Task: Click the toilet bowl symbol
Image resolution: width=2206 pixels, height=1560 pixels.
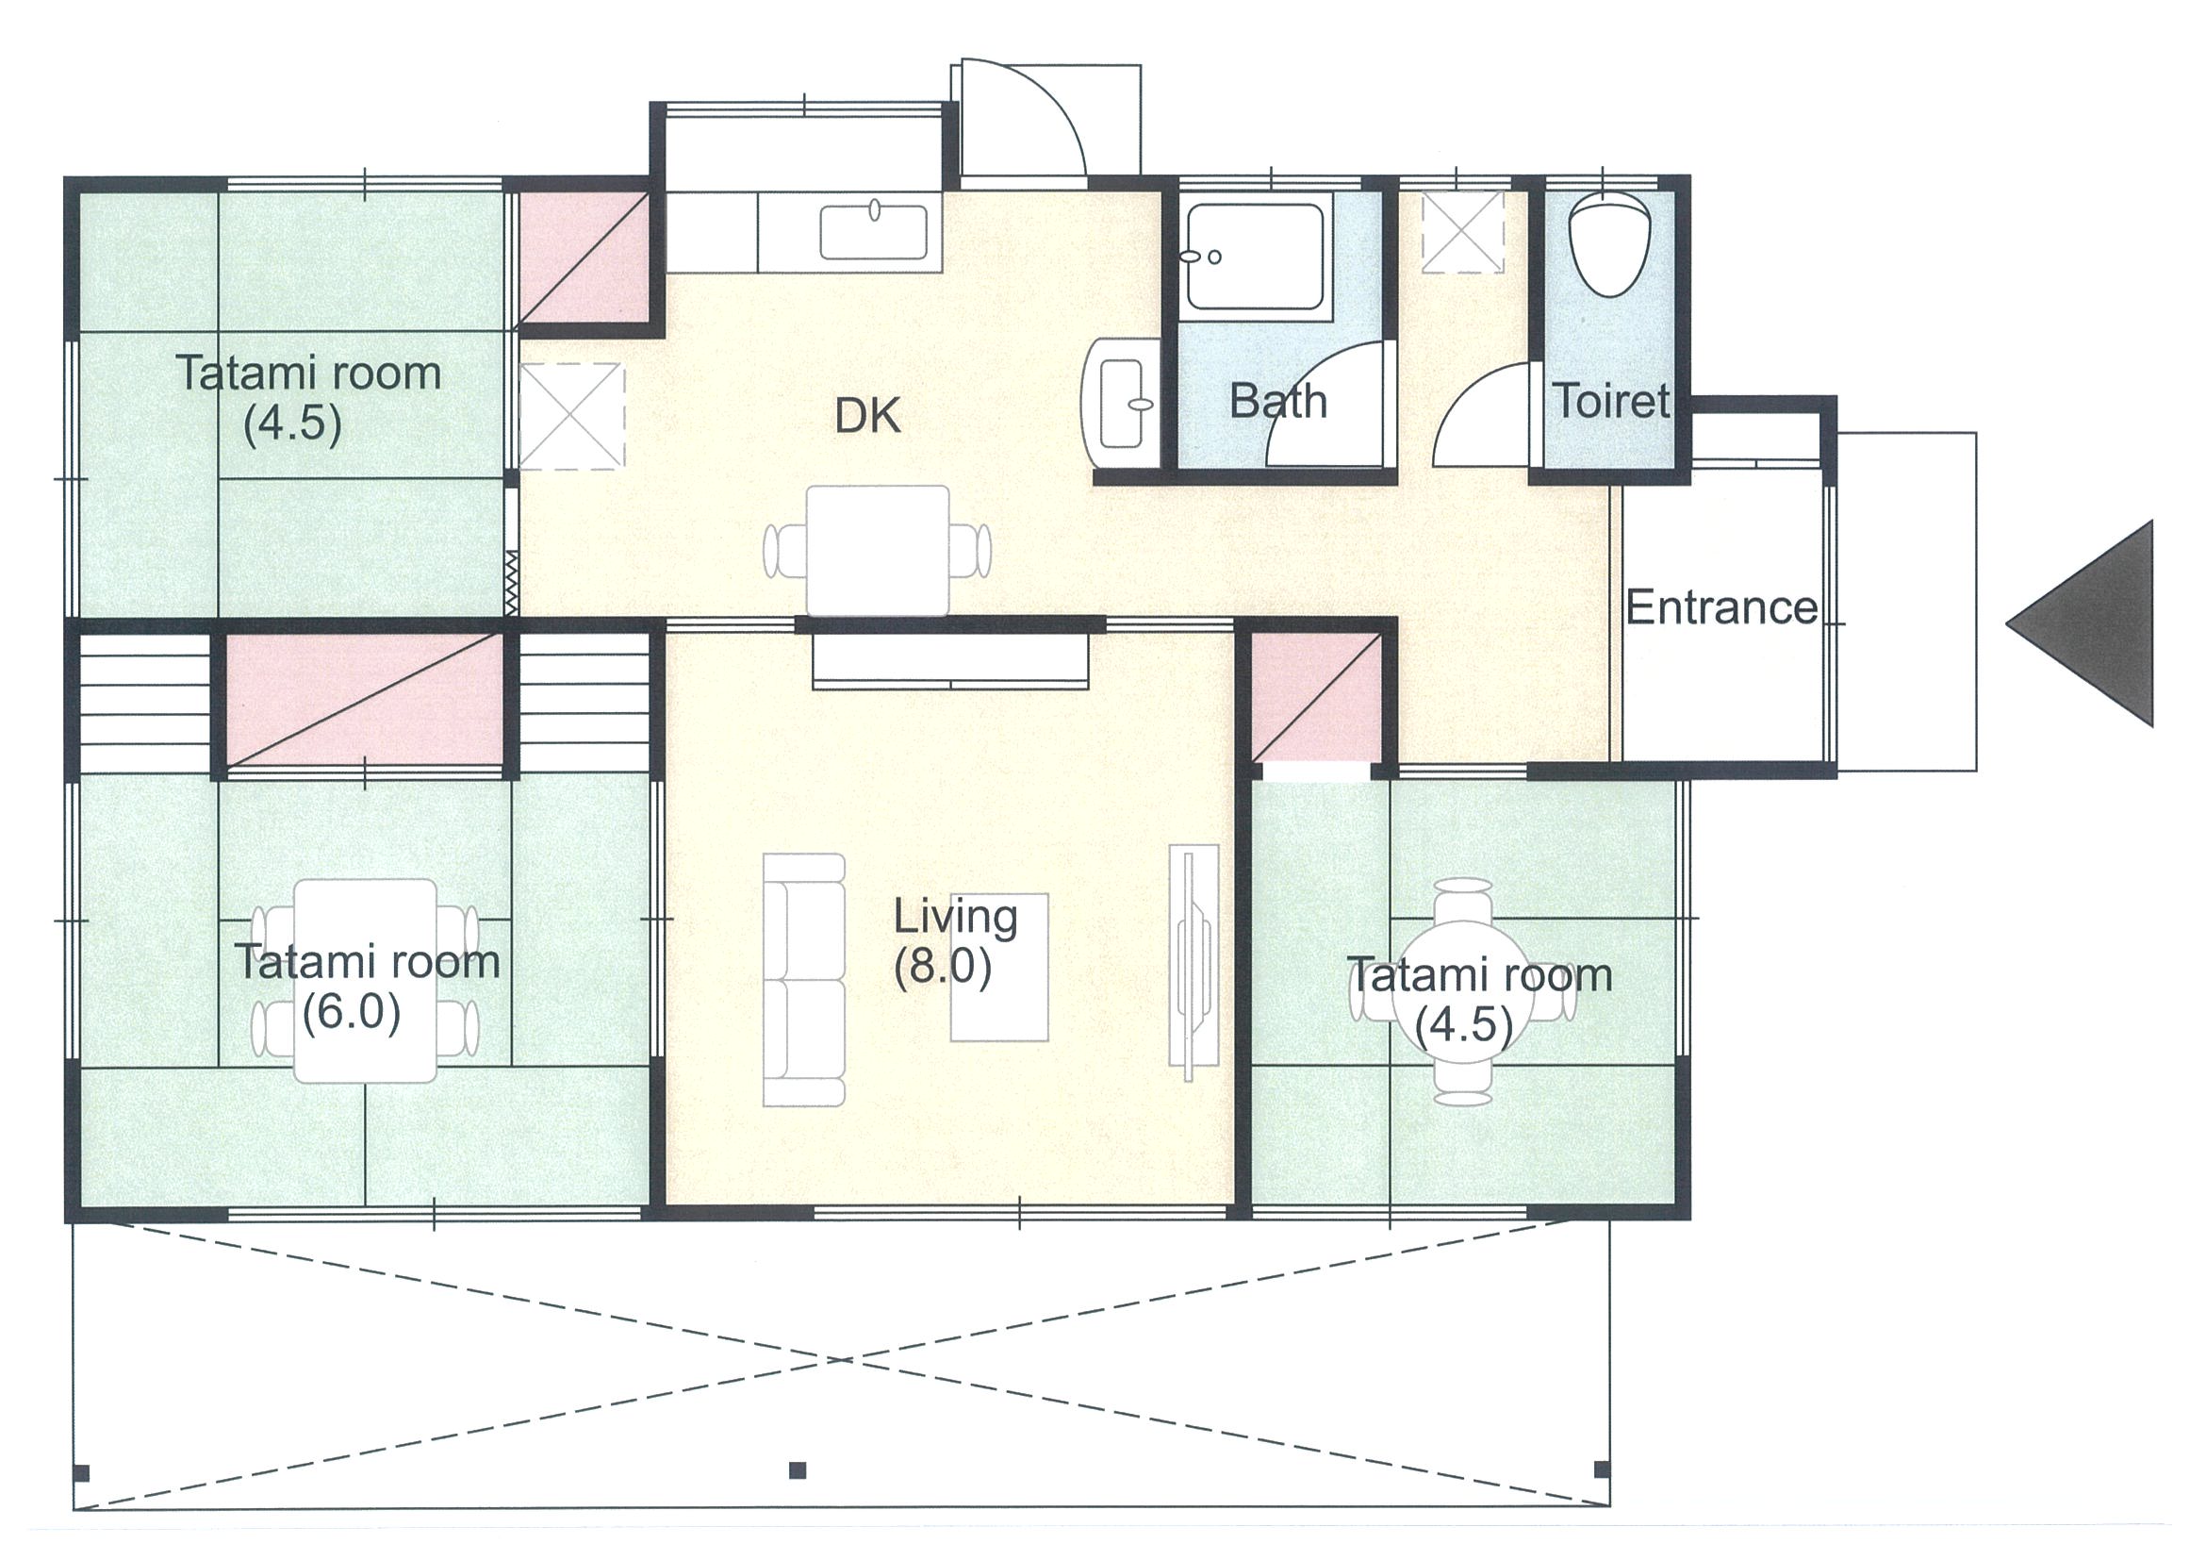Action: (x=1608, y=244)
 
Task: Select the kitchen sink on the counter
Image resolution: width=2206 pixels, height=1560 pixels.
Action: (x=874, y=231)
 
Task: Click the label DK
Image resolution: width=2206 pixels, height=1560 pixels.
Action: (x=867, y=416)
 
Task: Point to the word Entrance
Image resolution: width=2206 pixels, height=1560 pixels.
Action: (x=1721, y=607)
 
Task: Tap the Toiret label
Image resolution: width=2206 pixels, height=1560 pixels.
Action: (x=1611, y=401)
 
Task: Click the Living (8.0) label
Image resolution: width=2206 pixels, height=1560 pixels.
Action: (x=955, y=942)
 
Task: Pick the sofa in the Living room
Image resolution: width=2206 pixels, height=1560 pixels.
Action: (x=804, y=978)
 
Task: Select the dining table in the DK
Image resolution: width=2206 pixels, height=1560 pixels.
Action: (x=877, y=550)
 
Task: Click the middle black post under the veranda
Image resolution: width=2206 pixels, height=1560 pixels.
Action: (x=797, y=1469)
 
